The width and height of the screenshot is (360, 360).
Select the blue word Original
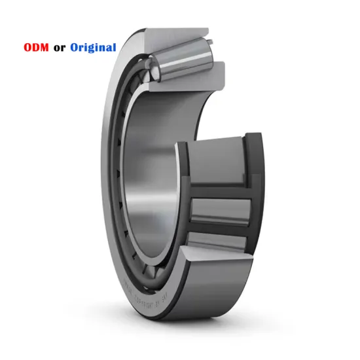click(x=93, y=48)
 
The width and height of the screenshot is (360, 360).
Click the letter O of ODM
click(x=29, y=48)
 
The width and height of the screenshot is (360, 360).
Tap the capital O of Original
click(x=75, y=48)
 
